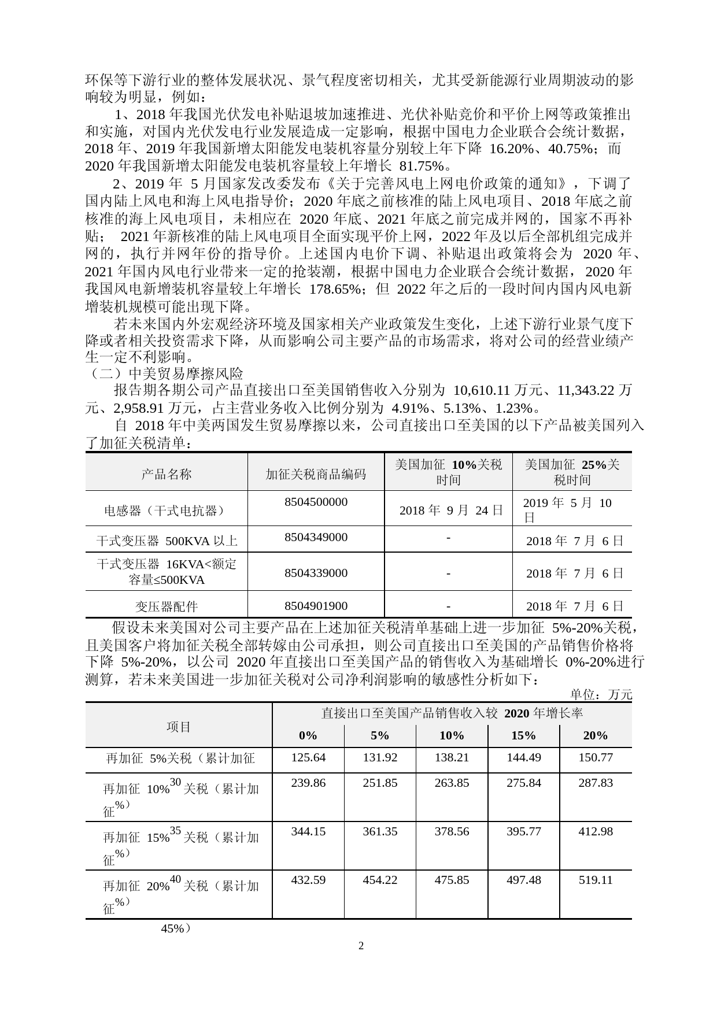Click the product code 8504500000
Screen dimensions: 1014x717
(316, 502)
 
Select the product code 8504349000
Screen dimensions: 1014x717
(316, 537)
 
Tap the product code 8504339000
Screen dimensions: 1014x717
(316, 573)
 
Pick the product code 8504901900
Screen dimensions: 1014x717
(316, 606)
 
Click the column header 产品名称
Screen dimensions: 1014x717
(167, 474)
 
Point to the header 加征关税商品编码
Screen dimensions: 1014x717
(316, 474)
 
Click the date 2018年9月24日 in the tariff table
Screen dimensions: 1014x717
(451, 510)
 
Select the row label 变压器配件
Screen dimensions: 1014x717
(167, 606)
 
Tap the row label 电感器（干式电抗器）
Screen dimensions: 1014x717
(167, 510)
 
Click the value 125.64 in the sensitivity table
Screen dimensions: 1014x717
(308, 757)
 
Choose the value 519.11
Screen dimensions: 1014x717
(595, 880)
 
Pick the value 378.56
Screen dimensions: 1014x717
(452, 831)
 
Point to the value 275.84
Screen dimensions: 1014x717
(523, 783)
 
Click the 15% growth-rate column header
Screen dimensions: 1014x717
(523, 735)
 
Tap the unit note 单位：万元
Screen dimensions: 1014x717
(601, 694)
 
